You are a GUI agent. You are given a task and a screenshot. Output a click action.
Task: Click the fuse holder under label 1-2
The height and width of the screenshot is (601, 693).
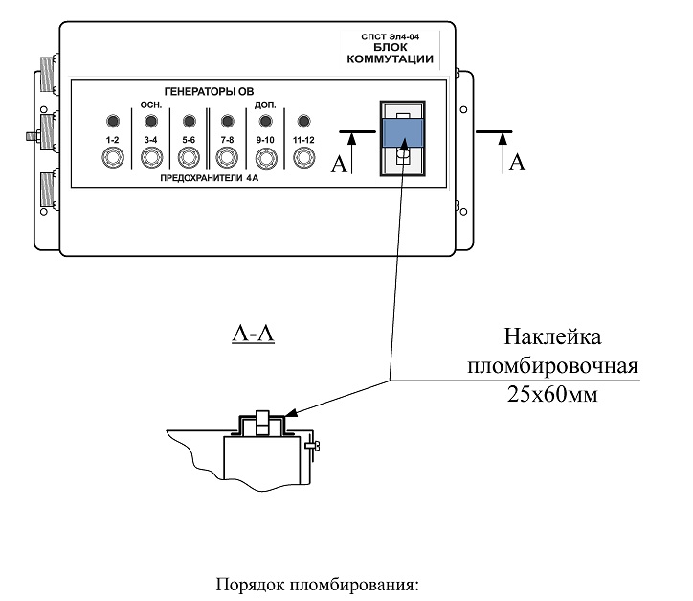[x=112, y=157]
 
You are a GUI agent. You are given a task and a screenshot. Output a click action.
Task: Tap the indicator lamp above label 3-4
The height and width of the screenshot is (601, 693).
[x=150, y=121]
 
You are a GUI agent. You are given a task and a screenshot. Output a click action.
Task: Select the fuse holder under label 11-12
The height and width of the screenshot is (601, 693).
[x=303, y=157]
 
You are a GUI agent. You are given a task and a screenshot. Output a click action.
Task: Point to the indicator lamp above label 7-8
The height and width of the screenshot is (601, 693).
[x=227, y=121]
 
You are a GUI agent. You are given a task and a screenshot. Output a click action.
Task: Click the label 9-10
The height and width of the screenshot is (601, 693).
[x=265, y=140]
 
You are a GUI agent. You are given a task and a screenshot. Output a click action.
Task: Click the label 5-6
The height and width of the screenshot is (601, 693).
[x=189, y=140]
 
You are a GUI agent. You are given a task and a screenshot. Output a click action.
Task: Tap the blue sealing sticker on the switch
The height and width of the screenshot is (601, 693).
[x=403, y=132]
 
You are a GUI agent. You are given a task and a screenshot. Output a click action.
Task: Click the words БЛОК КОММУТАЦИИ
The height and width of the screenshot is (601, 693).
[x=390, y=53]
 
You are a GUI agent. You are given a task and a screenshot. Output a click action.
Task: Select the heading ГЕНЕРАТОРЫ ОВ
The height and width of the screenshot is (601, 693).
[x=209, y=92]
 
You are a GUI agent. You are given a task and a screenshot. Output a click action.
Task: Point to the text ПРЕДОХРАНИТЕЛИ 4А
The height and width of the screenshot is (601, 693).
[x=209, y=178]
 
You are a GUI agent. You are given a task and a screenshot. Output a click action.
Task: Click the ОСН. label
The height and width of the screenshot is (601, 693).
[x=151, y=105]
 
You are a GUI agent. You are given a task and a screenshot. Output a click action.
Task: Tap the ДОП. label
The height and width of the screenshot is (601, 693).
[x=265, y=105]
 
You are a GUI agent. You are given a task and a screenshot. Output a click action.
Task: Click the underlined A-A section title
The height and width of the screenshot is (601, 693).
[x=254, y=334]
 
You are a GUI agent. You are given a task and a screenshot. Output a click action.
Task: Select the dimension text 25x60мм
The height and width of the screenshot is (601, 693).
[x=552, y=394]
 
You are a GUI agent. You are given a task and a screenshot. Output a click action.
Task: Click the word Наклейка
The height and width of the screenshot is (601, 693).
[x=552, y=336]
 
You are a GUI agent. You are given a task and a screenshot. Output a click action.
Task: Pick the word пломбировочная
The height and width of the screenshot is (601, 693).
[x=552, y=366]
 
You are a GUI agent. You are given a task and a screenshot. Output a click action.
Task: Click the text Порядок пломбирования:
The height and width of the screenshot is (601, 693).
[x=318, y=585]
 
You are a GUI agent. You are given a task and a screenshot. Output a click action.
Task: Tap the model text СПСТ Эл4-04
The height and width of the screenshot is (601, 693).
[x=390, y=36]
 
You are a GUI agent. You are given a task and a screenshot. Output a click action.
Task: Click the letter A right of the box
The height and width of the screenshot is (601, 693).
[x=517, y=162]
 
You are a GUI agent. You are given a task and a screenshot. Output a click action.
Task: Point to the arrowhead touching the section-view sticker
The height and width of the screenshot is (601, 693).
[x=291, y=413]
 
